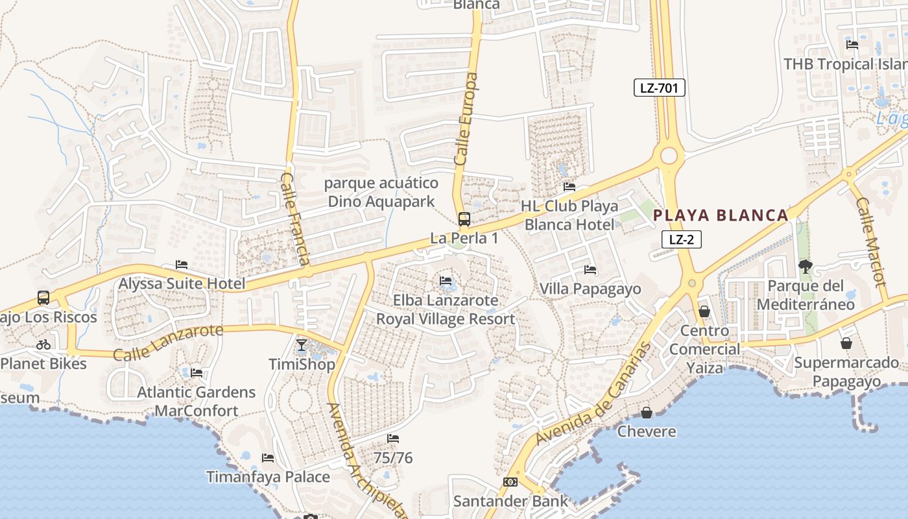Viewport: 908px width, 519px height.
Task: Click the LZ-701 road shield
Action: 659,88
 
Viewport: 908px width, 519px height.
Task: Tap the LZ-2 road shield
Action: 681,239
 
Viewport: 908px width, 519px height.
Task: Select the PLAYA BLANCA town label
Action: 721,215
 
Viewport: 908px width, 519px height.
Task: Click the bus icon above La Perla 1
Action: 464,219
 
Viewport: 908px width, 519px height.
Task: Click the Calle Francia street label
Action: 295,218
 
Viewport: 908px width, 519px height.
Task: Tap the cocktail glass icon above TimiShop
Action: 302,344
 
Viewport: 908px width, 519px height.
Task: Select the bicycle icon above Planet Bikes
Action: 43,344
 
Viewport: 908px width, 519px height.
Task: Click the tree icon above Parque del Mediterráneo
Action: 806,266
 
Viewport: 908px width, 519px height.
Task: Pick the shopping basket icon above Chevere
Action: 647,413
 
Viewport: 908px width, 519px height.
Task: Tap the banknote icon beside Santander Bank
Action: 510,482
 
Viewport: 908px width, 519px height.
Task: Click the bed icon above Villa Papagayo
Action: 590,269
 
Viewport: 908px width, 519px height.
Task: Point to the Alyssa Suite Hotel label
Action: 182,284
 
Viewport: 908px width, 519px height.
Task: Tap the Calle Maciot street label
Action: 870,241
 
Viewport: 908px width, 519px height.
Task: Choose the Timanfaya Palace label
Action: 268,477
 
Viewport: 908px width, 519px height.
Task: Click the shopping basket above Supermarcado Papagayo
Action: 846,343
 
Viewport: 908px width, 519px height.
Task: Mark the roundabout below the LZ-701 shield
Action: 669,156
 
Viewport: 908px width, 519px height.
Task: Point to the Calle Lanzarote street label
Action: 168,342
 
